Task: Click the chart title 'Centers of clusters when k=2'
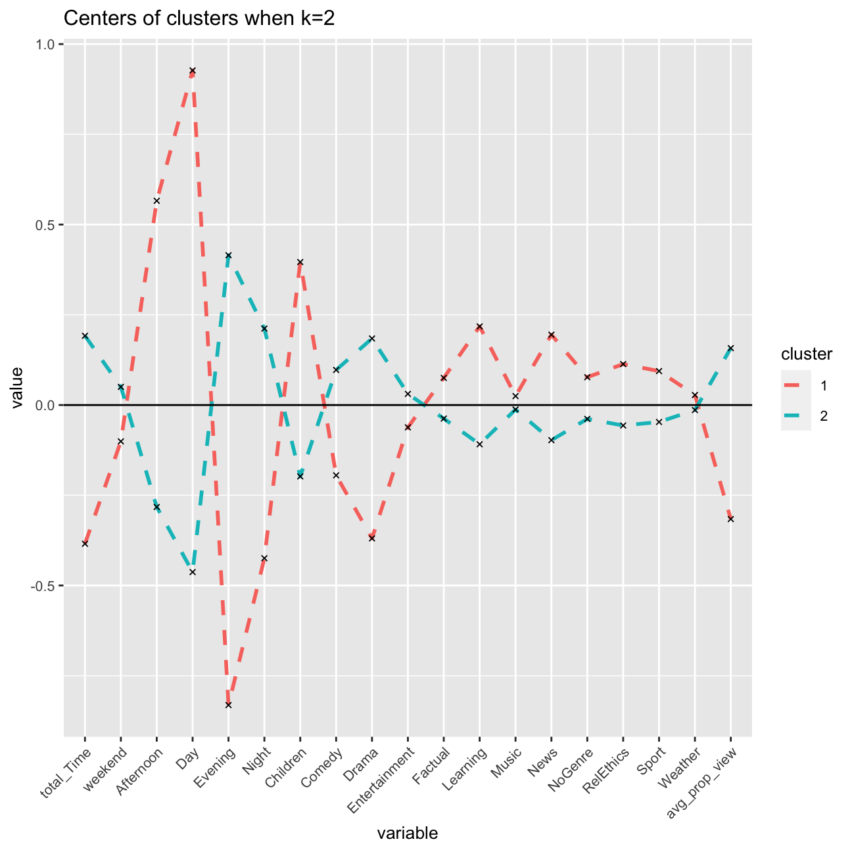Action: [x=199, y=19]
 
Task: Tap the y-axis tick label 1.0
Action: [x=47, y=44]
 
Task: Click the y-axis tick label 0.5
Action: [x=47, y=225]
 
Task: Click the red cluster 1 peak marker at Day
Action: [x=193, y=70]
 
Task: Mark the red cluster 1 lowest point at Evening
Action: [x=228, y=705]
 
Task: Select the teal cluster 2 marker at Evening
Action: [x=228, y=255]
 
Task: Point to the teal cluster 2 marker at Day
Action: [x=193, y=572]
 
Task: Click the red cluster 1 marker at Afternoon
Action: [x=156, y=201]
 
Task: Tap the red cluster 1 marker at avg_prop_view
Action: [x=730, y=519]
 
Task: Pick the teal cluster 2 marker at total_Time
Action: [x=85, y=335]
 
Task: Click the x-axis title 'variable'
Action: [x=408, y=834]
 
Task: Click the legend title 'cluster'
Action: [x=807, y=354]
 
